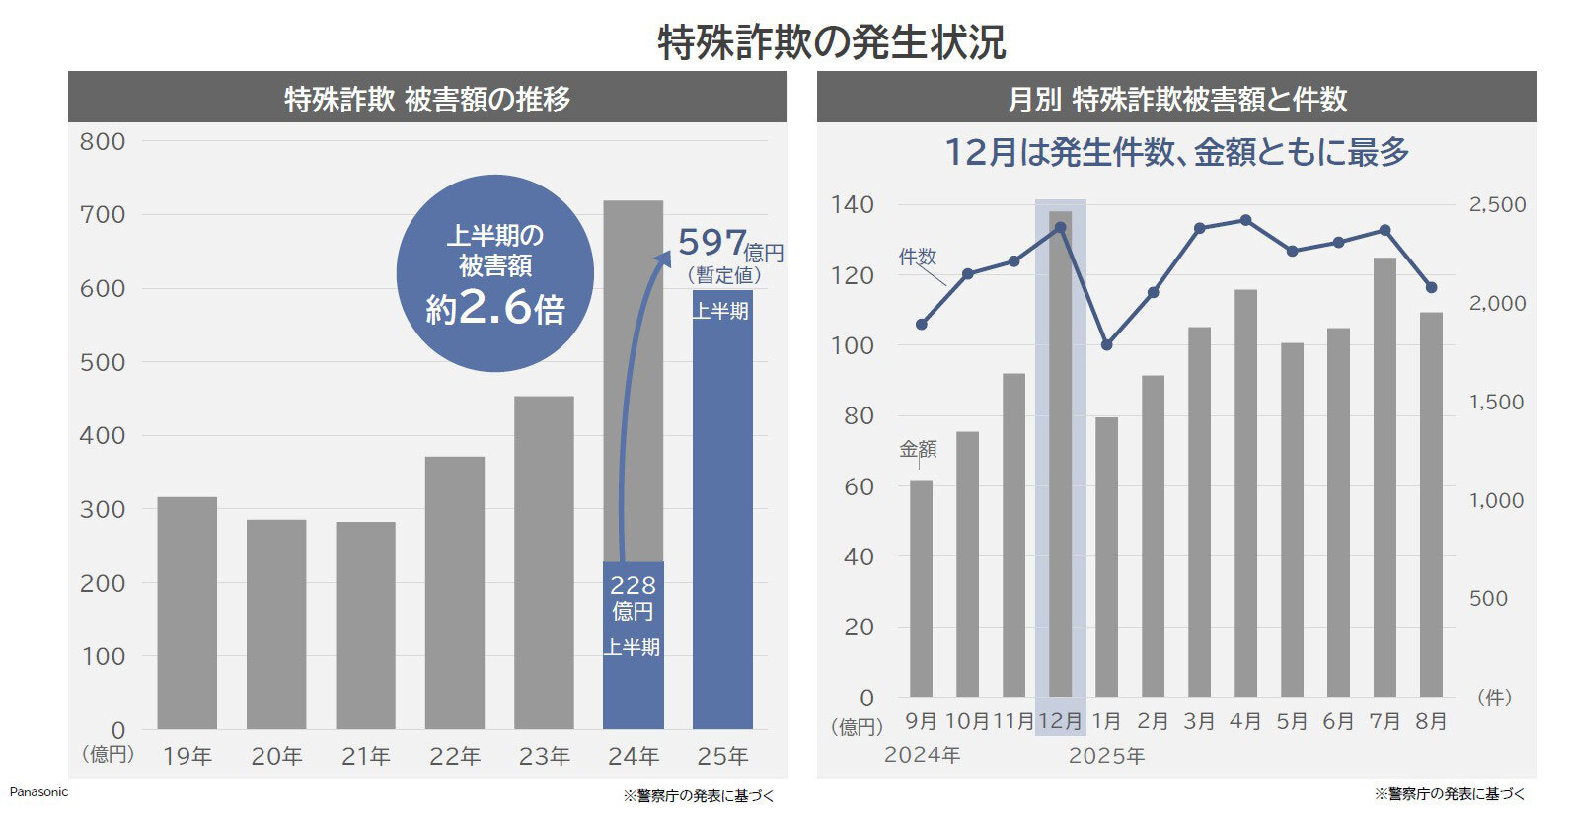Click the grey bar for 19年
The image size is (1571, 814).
tap(187, 613)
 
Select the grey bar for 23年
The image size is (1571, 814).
tap(544, 562)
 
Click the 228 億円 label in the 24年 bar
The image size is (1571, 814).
tap(633, 598)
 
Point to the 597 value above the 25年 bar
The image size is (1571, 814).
tap(712, 242)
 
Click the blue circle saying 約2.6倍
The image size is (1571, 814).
tap(495, 273)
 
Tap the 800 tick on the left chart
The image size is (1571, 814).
tap(103, 141)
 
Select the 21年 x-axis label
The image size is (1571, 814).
tap(366, 757)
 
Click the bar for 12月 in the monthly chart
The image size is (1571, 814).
tap(1061, 454)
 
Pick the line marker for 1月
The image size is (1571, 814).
tap(1106, 345)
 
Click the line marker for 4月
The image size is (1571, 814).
tap(1245, 220)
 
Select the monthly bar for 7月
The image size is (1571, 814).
tap(1384, 477)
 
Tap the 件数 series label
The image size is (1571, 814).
tap(918, 257)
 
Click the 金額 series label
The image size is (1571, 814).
tap(918, 449)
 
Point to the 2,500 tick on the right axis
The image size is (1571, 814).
tap(1497, 205)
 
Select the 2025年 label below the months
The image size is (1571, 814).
tap(1106, 757)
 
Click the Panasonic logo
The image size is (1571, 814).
tap(38, 792)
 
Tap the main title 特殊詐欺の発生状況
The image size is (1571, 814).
tap(831, 42)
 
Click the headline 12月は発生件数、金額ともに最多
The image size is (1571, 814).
tap(1176, 152)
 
